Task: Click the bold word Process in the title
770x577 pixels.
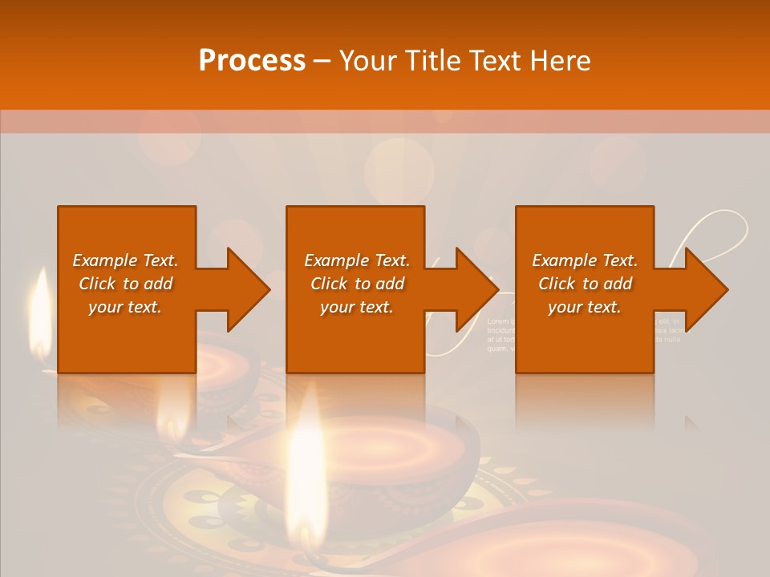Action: tap(252, 61)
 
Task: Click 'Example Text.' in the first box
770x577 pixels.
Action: tap(125, 260)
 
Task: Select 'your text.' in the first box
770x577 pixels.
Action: tap(125, 307)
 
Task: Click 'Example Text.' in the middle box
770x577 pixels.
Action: tap(357, 260)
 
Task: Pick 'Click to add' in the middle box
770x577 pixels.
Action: tap(357, 284)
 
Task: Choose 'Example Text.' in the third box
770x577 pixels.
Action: tap(585, 260)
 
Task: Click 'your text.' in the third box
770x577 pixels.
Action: tap(585, 307)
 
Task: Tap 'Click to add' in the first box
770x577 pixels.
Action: tap(125, 284)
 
